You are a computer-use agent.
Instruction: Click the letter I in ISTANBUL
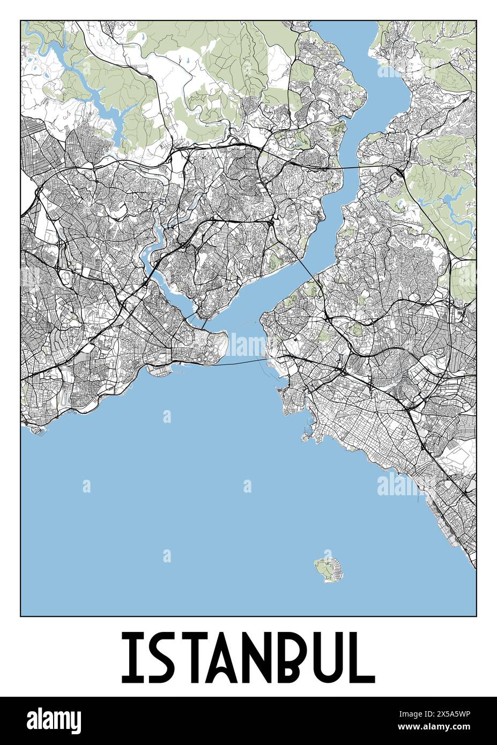[130, 657]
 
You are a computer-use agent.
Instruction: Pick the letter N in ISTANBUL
[262, 657]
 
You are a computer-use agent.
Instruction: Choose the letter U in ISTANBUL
[331, 657]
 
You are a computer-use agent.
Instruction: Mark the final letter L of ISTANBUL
[362, 657]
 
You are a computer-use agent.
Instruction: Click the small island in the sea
[328, 569]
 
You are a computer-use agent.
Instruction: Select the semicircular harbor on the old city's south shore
[161, 370]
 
